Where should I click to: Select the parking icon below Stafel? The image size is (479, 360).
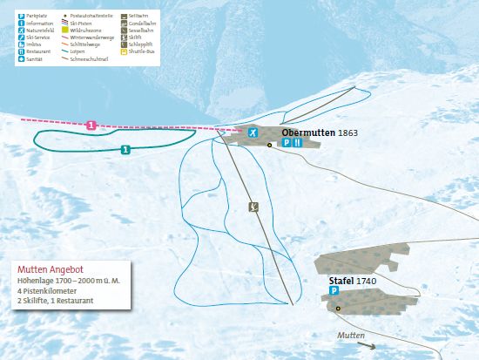[x=334, y=294]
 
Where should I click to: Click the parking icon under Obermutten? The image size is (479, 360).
[x=287, y=143]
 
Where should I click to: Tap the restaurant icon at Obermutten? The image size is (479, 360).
[x=297, y=143]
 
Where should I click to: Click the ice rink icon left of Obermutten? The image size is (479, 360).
[x=252, y=132]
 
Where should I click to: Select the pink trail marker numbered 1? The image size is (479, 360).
[x=91, y=126]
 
